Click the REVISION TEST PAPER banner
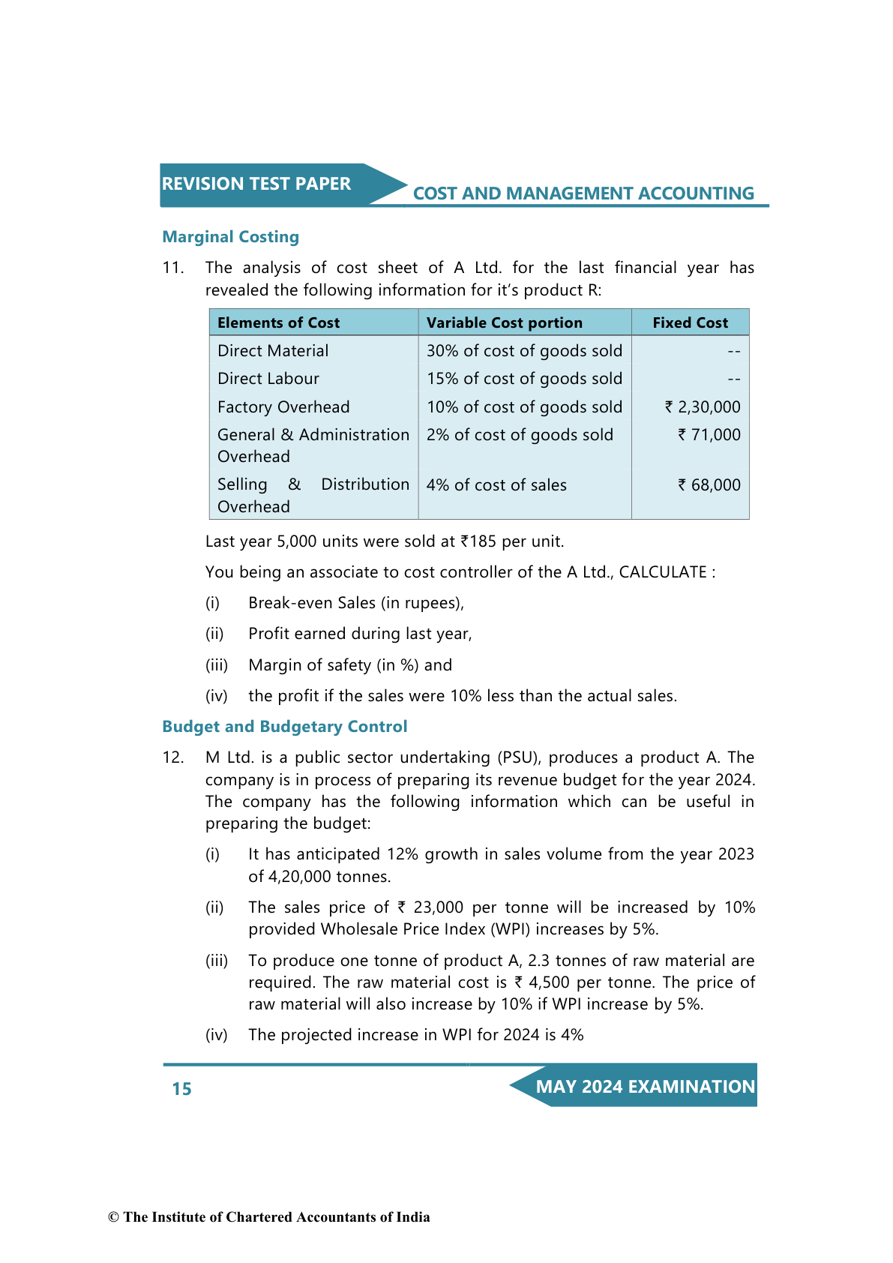(256, 184)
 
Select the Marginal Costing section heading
(230, 237)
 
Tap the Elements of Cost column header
(278, 322)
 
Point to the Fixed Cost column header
(690, 322)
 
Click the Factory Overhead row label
(283, 407)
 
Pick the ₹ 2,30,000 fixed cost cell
(703, 407)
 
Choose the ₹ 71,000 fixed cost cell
(709, 435)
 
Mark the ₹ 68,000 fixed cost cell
(709, 485)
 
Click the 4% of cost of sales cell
(496, 485)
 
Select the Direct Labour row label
(268, 379)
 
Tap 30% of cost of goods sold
(524, 351)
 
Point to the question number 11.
(172, 268)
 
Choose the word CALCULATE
(662, 572)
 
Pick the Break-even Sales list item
(356, 603)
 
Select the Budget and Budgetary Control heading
(284, 727)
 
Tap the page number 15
(181, 1089)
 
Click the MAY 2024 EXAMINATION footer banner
(645, 1087)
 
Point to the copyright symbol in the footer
(113, 1217)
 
